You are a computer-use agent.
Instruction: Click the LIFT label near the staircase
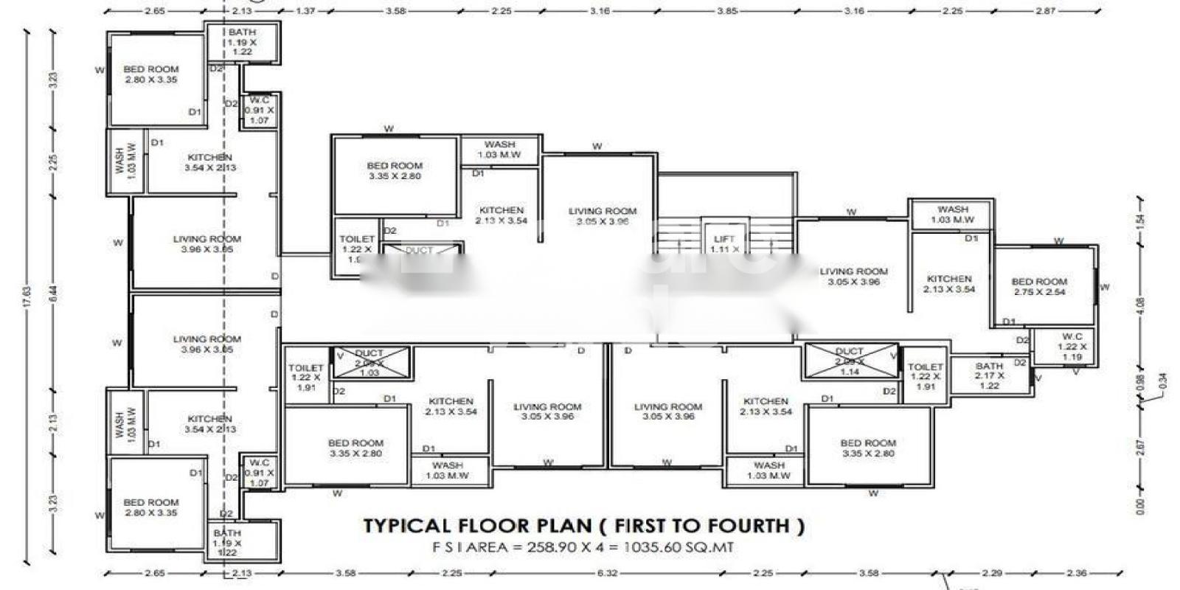coord(724,239)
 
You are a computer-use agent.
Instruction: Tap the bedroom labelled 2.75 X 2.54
coord(1039,287)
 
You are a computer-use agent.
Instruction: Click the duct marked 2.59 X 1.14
coord(850,361)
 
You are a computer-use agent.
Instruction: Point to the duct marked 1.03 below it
coord(369,363)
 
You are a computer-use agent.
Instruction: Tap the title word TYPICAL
coord(406,526)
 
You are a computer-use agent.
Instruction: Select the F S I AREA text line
coord(583,547)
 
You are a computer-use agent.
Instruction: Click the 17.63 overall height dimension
coord(27,295)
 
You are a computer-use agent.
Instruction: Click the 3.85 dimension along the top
coord(727,11)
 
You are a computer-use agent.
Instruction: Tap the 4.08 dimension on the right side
coord(1141,305)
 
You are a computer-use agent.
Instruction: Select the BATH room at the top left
coord(242,42)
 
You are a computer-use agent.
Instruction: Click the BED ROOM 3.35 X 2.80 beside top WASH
coord(395,171)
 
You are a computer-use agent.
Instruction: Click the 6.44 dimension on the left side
coord(52,294)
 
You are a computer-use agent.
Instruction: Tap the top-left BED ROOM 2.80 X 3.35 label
coord(151,74)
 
